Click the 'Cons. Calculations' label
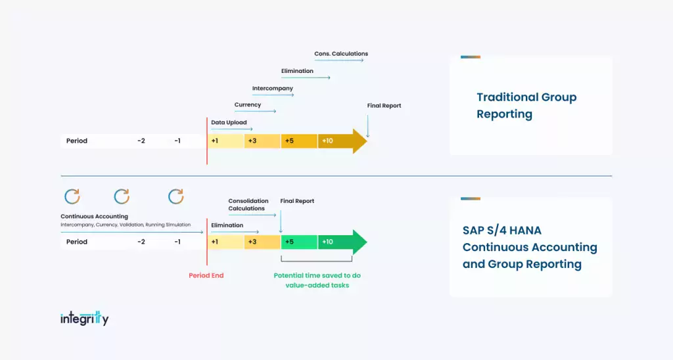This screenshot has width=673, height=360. point(340,54)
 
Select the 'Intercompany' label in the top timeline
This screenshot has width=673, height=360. point(272,88)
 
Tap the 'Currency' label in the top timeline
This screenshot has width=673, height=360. point(248,104)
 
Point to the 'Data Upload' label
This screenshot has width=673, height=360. point(229,122)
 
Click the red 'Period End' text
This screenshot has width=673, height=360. point(206,275)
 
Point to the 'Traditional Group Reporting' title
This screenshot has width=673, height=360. point(526,106)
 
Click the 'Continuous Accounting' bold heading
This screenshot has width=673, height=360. point(94,216)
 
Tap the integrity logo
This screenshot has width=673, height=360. point(84,319)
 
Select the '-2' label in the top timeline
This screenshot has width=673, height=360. point(141,141)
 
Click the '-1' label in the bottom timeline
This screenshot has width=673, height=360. point(177,242)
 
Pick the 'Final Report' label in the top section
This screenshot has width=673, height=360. point(384,106)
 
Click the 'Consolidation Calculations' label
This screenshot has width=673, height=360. point(248,205)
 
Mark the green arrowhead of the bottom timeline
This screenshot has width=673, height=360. point(360,242)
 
